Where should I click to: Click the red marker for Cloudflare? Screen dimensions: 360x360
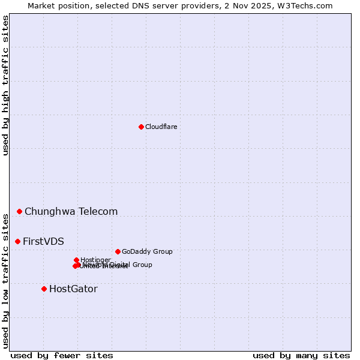click(x=141, y=127)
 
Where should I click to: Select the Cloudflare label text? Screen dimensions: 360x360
click(x=161, y=127)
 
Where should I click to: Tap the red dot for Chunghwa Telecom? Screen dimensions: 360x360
click(x=19, y=211)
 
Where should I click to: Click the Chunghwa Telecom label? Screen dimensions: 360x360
click(x=71, y=211)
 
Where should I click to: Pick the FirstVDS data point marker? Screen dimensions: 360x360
click(x=17, y=241)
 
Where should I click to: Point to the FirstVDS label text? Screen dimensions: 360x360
click(x=43, y=241)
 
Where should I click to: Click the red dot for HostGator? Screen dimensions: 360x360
click(x=44, y=289)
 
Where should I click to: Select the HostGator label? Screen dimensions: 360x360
click(x=73, y=289)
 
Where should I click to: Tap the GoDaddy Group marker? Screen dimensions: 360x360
click(x=118, y=251)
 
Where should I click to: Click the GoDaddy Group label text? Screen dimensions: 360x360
click(x=147, y=251)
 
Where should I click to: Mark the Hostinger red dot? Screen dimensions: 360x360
click(x=76, y=260)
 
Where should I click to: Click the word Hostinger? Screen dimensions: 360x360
click(x=95, y=260)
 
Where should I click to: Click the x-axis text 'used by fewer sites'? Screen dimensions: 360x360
click(x=62, y=355)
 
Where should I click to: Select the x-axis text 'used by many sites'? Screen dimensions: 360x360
click(x=301, y=355)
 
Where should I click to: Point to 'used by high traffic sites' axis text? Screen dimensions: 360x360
click(x=5, y=85)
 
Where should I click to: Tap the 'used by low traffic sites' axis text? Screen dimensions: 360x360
click(x=5, y=280)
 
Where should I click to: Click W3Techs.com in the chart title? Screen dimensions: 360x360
click(x=309, y=5)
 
